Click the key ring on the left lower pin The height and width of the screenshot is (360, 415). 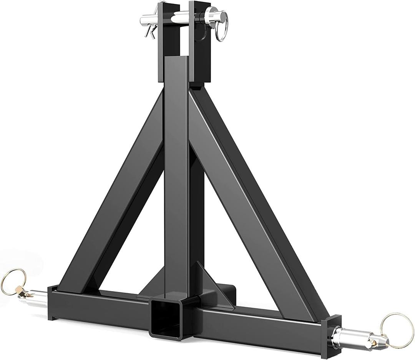(x=13, y=280)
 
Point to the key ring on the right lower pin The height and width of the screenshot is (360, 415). (x=392, y=325)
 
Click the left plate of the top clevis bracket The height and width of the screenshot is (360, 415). (x=164, y=42)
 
